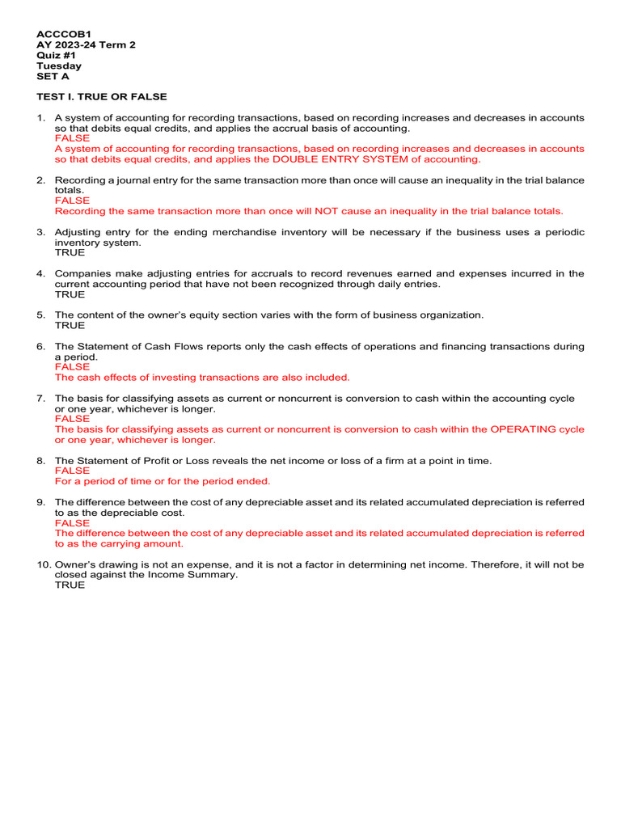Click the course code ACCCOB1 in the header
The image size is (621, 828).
(x=58, y=34)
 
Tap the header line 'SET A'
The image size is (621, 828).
(x=53, y=76)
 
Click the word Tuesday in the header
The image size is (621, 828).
(x=59, y=65)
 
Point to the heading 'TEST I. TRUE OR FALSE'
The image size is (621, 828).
(x=102, y=97)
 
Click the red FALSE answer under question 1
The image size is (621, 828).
(x=72, y=138)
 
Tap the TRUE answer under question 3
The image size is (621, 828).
(x=70, y=252)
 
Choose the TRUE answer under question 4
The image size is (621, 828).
(x=70, y=294)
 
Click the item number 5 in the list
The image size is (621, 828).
(x=40, y=315)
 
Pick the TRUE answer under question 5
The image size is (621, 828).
(x=70, y=325)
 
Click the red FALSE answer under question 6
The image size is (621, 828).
(x=72, y=366)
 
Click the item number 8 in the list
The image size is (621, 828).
(x=40, y=460)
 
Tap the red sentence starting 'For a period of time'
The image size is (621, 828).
(x=162, y=481)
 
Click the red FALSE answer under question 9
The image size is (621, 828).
(x=72, y=523)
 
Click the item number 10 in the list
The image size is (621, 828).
(x=43, y=564)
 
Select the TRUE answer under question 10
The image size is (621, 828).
(x=70, y=585)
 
